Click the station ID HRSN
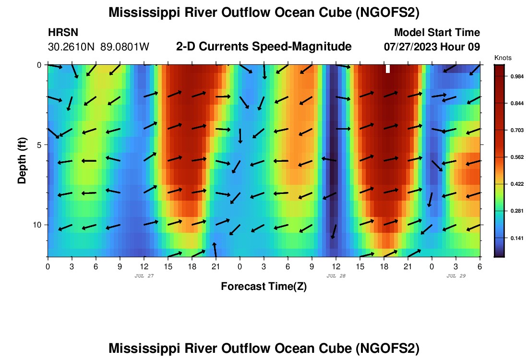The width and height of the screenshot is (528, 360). pos(63,33)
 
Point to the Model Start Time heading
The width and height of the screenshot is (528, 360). pos(437,33)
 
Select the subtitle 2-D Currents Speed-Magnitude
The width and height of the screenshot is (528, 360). pos(264,47)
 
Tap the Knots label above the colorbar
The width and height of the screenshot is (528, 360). pos(503,58)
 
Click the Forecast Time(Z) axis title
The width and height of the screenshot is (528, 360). pos(264,287)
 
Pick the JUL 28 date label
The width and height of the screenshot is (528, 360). pos(336,276)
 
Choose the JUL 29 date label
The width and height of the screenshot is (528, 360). pos(456,276)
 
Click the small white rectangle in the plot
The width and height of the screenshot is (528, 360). pos(388,69)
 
